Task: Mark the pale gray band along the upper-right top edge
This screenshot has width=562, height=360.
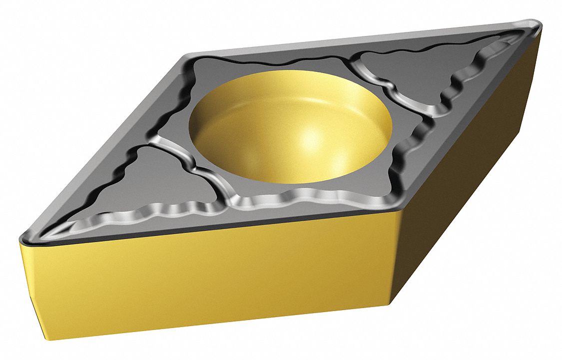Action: pos(350,40)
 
